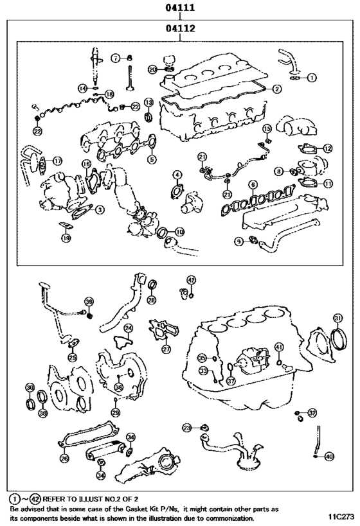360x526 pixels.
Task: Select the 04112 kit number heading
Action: tap(179, 28)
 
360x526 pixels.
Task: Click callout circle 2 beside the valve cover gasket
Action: tap(276, 89)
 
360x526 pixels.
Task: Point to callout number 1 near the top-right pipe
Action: tap(312, 78)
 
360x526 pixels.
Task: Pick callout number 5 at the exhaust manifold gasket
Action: tap(152, 160)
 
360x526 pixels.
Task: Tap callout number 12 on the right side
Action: tap(328, 148)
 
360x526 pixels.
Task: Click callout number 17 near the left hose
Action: tap(57, 161)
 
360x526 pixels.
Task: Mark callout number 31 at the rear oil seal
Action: tap(337, 318)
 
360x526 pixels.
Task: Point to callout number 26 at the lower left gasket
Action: tap(64, 459)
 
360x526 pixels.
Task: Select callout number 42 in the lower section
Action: tap(191, 279)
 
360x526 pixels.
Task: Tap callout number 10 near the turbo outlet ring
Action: tap(179, 231)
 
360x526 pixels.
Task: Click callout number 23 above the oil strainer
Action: tap(187, 427)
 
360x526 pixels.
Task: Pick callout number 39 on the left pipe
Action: tap(89, 301)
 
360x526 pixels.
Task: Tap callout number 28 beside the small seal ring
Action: tap(151, 301)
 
